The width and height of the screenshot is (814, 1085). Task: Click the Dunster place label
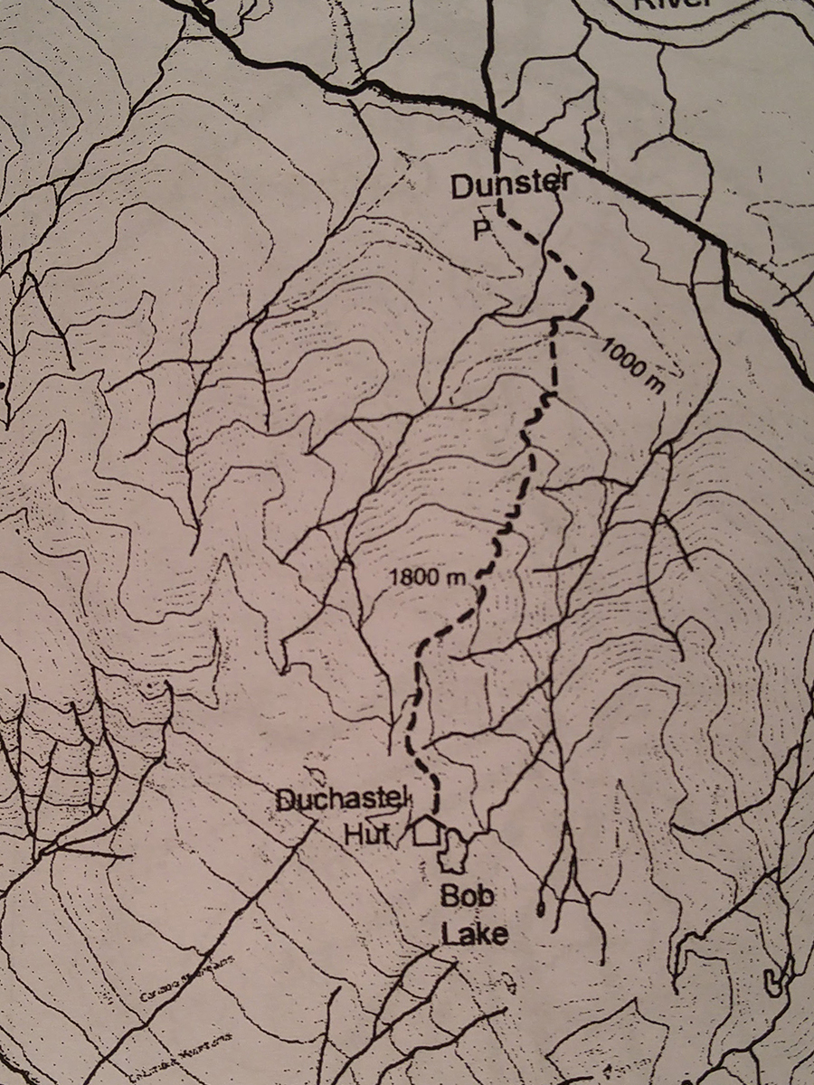pos(511,188)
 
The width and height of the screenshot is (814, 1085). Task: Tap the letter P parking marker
pos(480,229)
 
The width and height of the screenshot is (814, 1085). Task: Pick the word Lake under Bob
pos(473,932)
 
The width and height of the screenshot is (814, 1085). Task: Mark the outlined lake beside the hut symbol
pos(455,850)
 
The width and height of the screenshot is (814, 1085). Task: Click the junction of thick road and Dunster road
pos(496,119)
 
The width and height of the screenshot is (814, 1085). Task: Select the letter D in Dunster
pos(461,188)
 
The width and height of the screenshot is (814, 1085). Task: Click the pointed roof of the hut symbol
pos(425,819)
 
